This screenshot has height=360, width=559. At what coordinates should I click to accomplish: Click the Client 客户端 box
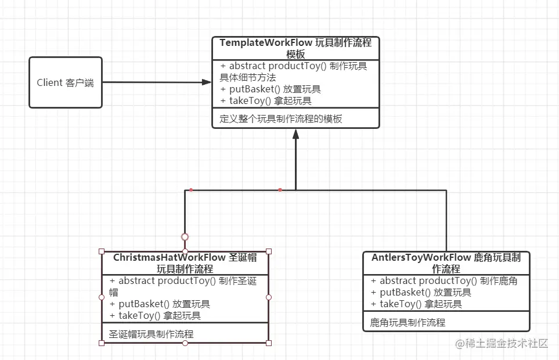tap(66, 82)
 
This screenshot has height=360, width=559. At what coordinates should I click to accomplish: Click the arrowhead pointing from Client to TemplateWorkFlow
tap(207, 82)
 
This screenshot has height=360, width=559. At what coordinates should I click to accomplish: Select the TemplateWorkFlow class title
tap(295, 48)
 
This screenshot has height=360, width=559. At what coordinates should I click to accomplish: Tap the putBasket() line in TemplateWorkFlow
tap(271, 89)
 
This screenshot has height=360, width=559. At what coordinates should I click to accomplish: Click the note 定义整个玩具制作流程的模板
tap(281, 119)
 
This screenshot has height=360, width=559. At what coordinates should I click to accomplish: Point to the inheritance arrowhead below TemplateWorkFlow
tap(295, 134)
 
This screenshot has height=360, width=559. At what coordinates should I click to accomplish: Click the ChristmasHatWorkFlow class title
tap(185, 263)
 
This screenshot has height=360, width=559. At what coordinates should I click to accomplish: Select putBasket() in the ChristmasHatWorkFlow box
tap(160, 304)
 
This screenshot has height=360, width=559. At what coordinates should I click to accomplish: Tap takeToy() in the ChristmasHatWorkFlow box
tap(155, 316)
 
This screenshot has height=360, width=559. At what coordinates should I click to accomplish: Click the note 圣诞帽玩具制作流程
tap(152, 334)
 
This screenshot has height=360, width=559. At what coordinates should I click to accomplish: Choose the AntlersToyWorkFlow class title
tap(446, 263)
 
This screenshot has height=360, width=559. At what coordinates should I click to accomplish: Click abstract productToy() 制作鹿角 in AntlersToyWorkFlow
tap(444, 281)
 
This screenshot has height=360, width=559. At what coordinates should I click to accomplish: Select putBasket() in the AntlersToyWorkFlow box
tap(421, 293)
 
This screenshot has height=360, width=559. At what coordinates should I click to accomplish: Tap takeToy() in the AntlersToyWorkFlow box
tap(416, 304)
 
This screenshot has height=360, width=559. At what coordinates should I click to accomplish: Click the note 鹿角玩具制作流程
tap(407, 322)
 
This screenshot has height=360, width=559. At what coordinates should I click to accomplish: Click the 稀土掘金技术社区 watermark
tap(502, 343)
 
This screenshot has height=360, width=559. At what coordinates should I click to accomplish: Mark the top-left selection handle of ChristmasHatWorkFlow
tap(102, 251)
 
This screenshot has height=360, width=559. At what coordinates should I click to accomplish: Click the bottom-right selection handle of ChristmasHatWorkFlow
tap(269, 343)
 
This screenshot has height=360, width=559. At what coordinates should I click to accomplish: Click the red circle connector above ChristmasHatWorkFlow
tap(185, 237)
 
